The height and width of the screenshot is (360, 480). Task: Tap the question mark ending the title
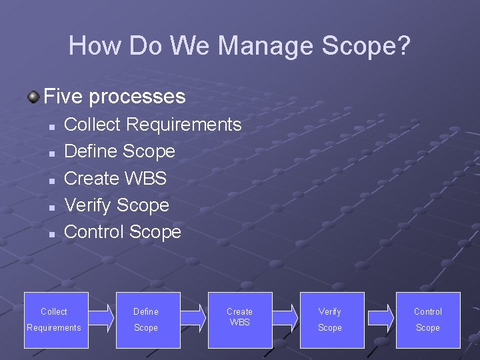click(403, 46)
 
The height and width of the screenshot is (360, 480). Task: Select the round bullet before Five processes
click(33, 98)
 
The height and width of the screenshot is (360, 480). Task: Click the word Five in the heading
click(63, 97)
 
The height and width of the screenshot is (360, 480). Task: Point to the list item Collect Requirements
click(152, 125)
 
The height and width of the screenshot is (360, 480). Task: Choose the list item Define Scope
click(119, 151)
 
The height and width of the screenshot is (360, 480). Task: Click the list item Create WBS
click(115, 179)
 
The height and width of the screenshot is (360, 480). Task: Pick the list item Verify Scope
click(116, 205)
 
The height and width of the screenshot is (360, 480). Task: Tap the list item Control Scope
click(122, 232)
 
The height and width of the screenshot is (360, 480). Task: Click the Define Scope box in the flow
click(148, 320)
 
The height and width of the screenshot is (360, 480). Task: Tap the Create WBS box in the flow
click(240, 320)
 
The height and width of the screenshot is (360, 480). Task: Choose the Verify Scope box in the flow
click(332, 320)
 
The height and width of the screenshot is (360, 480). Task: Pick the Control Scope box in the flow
click(428, 320)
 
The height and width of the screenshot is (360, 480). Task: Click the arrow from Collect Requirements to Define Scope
click(101, 317)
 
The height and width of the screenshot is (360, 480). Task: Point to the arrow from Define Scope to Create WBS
click(193, 317)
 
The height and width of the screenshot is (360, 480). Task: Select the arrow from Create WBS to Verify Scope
click(285, 317)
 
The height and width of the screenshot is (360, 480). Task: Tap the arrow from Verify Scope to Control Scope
click(381, 317)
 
